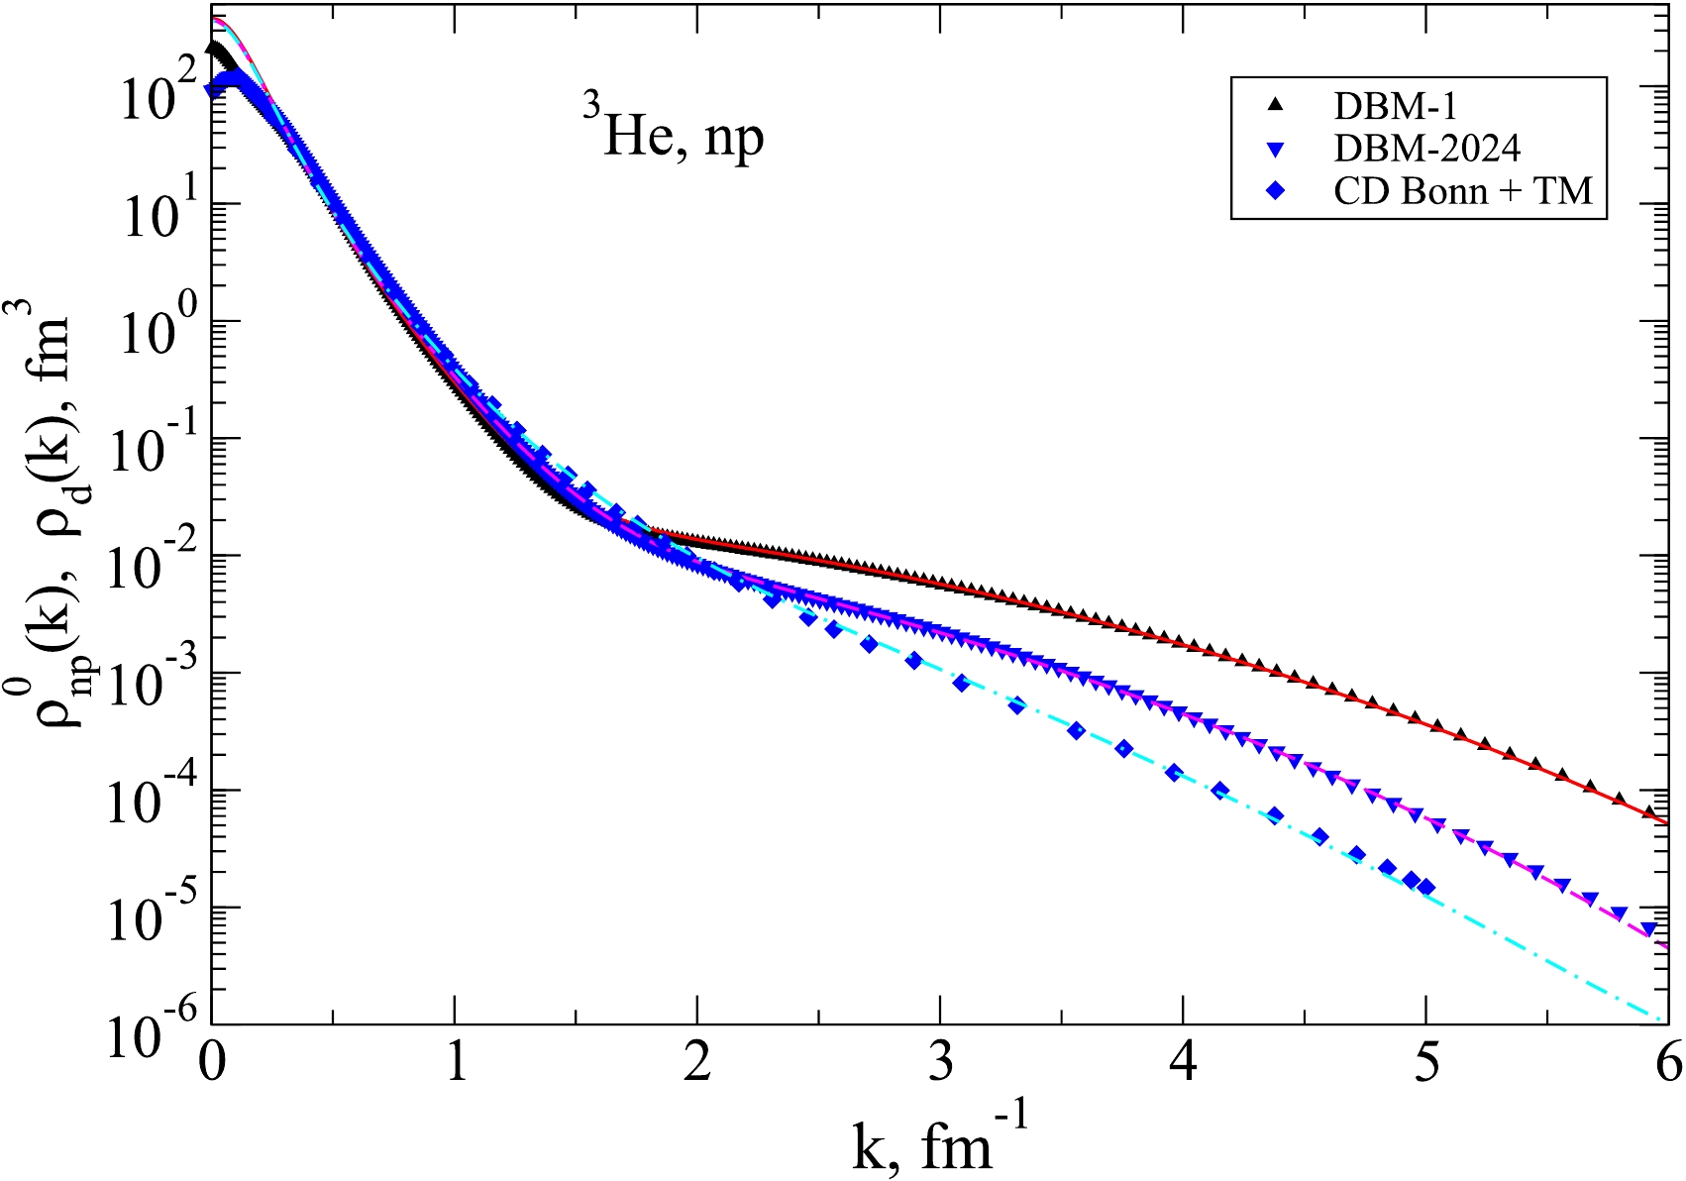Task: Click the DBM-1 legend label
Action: [x=1395, y=106]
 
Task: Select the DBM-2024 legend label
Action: [x=1426, y=149]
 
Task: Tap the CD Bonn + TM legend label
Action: [x=1463, y=191]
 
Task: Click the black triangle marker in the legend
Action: [x=1275, y=105]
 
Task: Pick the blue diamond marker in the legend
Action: [x=1275, y=191]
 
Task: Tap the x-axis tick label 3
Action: [x=940, y=1063]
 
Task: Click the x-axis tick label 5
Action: [x=1426, y=1063]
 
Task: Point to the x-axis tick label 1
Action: [x=455, y=1063]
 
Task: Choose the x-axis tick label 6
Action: [x=1668, y=1063]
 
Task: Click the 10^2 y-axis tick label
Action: [x=154, y=96]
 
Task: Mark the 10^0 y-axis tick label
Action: [x=154, y=330]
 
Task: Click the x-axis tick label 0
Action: [x=212, y=1063]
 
